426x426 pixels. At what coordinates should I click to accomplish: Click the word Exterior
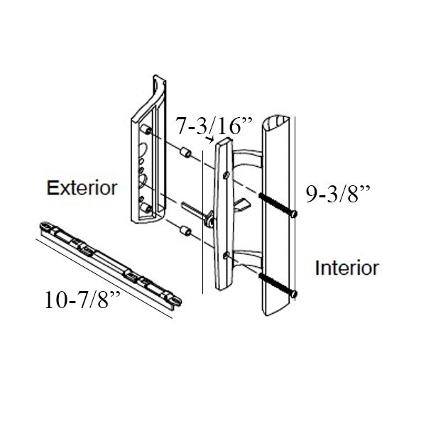pos(82,189)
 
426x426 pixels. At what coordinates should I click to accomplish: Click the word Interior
pos(347,268)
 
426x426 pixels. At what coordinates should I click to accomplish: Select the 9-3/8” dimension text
pos(339,195)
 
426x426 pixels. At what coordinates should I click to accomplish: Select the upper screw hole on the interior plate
pos(226,173)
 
